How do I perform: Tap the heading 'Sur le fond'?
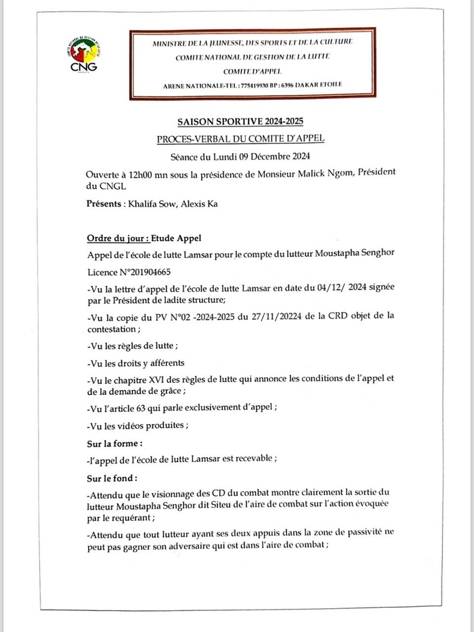click(112, 478)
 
